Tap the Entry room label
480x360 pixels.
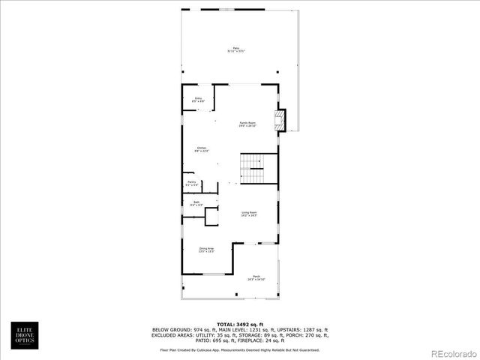pos(199,99)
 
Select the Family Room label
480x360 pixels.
pos(247,124)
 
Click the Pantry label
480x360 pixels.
pos(192,182)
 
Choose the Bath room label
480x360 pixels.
pos(196,203)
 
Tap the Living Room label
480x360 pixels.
pos(249,214)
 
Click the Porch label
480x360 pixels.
pos(256,277)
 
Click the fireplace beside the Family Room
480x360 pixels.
pos(280,121)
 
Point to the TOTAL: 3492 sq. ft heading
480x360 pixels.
pos(239,323)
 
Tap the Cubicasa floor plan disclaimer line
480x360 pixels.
pos(239,349)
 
